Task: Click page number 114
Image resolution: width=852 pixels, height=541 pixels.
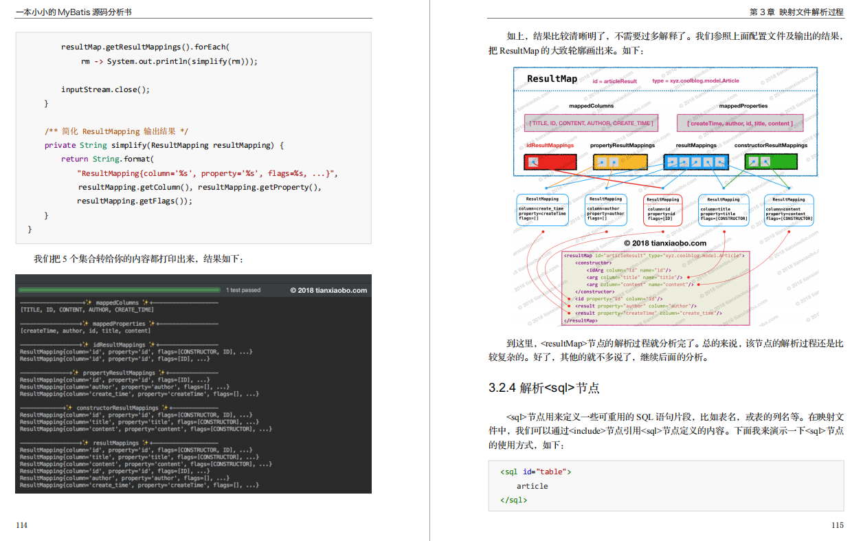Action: [22, 526]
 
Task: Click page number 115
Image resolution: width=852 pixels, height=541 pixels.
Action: [837, 526]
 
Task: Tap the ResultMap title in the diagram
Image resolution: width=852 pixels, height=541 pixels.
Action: [552, 79]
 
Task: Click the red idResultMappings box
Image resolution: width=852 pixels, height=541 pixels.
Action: [541, 162]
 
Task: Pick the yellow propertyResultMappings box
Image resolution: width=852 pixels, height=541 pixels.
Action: [620, 162]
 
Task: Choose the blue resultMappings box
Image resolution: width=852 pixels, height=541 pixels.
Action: [696, 162]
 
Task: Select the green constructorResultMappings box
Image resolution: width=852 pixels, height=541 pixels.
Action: [770, 162]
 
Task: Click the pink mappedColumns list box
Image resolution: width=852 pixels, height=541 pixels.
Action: [591, 123]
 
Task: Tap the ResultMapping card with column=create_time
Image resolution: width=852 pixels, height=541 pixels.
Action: [542, 210]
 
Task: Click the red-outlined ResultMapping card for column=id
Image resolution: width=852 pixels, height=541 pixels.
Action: [662, 210]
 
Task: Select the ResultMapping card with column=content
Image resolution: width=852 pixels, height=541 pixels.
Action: [789, 210]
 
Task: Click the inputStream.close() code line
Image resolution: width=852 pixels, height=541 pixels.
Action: [105, 89]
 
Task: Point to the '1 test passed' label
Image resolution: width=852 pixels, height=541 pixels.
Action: [243, 290]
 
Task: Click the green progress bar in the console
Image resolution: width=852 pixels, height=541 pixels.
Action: [119, 290]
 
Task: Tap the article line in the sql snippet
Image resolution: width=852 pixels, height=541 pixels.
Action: [532, 486]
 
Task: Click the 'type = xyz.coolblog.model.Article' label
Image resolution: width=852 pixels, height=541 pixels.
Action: [695, 81]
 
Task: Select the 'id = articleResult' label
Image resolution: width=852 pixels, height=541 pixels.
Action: [614, 81]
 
